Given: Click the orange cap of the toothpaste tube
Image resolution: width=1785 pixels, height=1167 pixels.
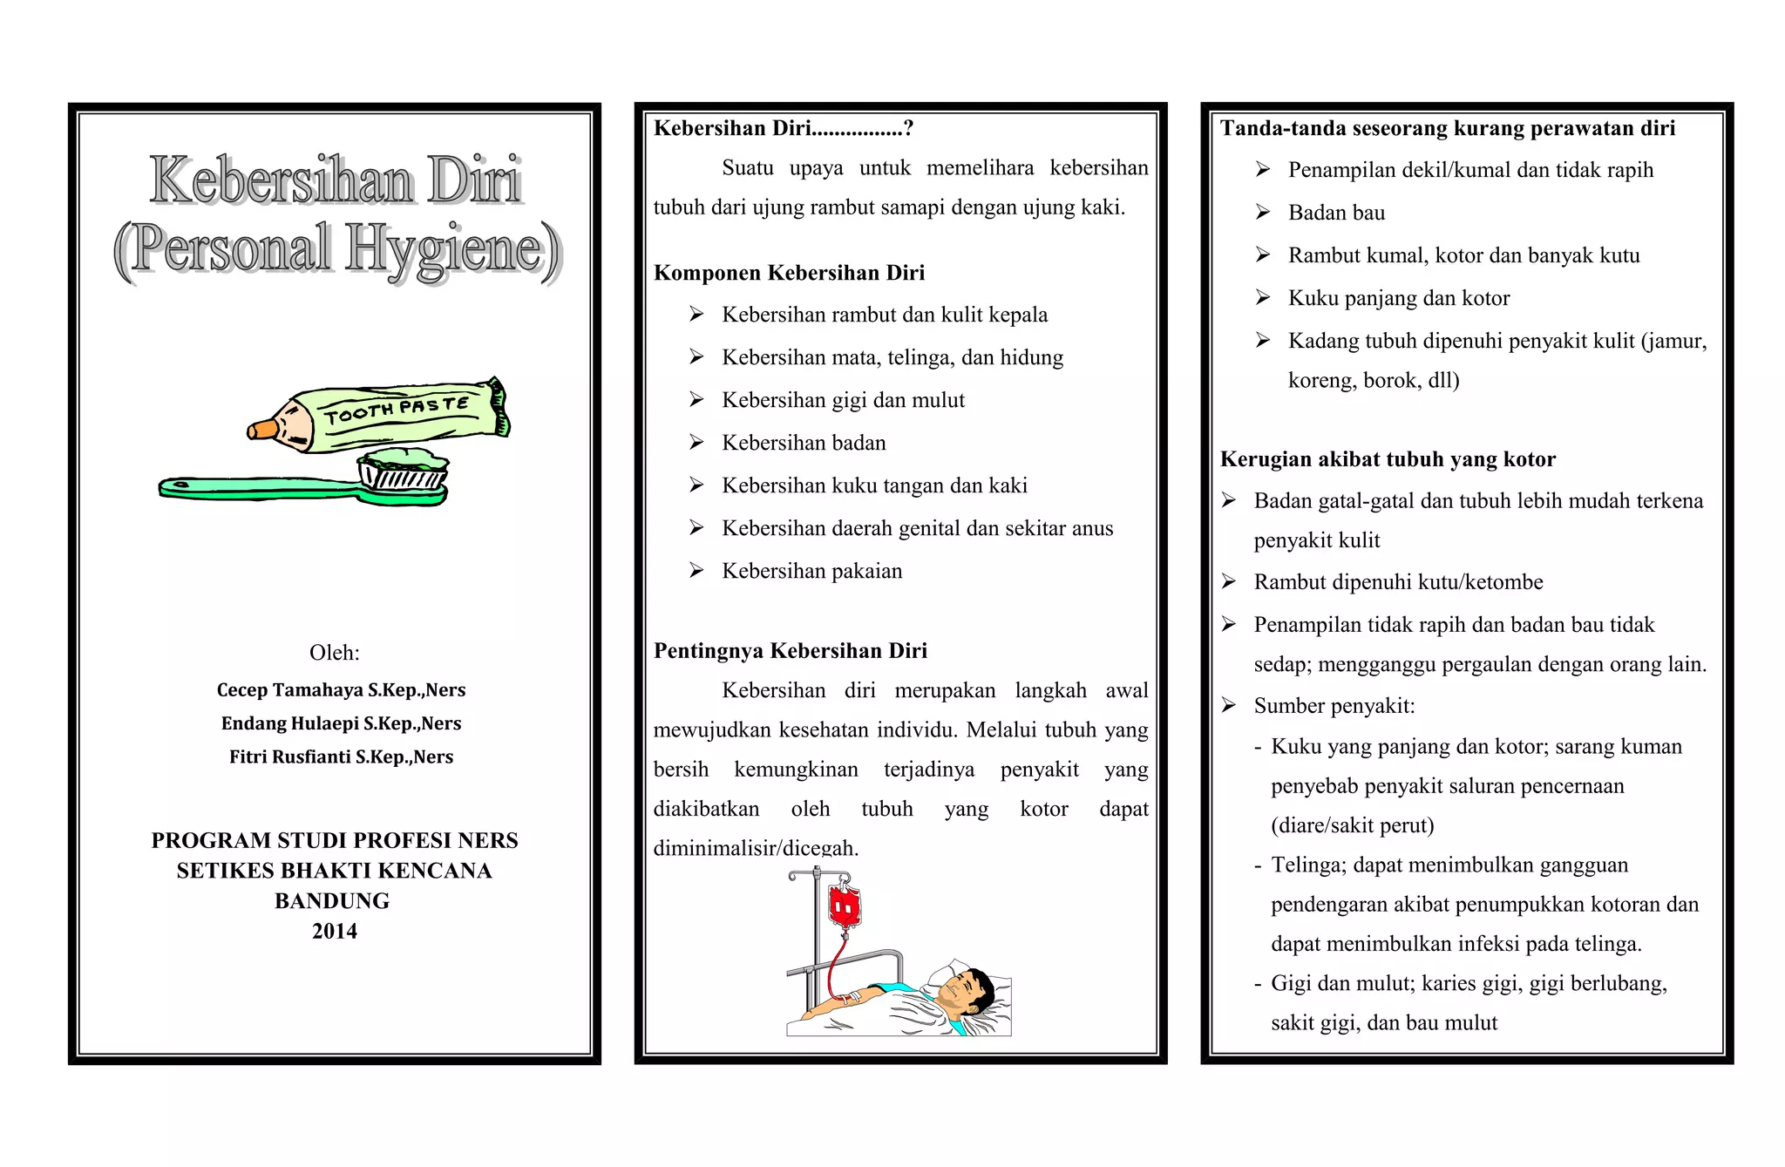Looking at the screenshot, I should point(262,429).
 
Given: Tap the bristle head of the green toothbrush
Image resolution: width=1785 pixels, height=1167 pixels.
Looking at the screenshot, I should point(404,471).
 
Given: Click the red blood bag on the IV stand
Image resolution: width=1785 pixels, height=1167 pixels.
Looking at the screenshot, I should point(844,906).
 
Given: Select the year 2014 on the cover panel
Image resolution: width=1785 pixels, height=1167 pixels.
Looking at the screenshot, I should point(335,931).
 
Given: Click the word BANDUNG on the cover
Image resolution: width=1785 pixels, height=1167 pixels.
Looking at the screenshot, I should point(332,900).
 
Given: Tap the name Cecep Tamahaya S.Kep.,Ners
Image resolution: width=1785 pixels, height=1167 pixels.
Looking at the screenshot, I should point(341,690).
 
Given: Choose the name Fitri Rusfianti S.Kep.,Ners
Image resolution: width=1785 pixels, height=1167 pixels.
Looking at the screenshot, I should point(341,757).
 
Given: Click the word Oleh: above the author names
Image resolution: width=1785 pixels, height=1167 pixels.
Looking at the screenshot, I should point(334,653).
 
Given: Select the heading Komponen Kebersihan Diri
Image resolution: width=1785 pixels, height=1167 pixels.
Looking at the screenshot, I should point(789,273).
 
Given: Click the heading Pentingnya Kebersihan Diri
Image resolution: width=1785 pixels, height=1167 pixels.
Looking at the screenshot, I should point(790,651).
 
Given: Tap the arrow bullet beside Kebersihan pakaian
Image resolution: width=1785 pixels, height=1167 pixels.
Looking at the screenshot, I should point(696,571).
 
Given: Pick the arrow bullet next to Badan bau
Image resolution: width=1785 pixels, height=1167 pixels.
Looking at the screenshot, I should point(1263,213).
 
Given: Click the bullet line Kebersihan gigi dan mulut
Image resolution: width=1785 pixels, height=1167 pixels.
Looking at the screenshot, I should point(843,400).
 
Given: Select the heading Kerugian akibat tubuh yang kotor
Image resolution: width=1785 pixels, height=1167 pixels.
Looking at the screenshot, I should point(1388,459).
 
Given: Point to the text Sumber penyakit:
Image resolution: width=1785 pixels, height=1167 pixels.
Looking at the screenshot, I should point(1334,706).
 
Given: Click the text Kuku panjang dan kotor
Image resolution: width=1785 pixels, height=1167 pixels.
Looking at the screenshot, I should point(1398,298).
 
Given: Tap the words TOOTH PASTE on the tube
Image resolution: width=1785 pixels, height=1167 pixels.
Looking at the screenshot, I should point(397,410).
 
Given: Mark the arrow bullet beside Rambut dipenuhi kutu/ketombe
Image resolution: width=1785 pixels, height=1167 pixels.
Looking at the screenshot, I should point(1229,582).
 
